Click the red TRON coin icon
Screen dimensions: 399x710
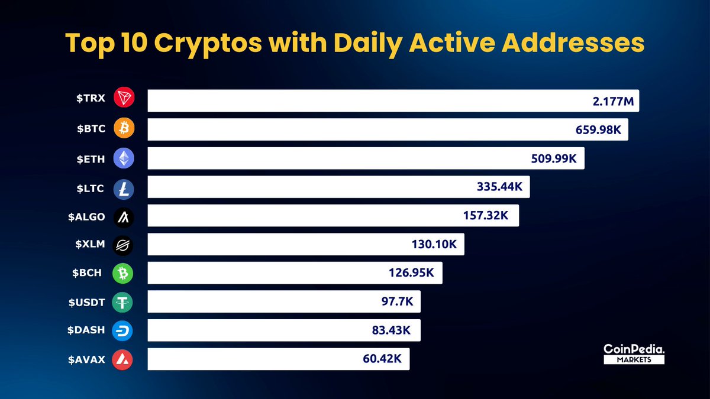point(124,98)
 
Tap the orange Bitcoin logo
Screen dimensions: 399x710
point(124,127)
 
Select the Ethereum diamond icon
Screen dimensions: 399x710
point(124,157)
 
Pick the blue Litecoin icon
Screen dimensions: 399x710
point(124,189)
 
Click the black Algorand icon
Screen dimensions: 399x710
point(124,217)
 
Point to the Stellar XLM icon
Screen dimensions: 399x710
point(124,245)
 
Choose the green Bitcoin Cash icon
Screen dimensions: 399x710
point(124,273)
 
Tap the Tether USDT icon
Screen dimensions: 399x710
point(124,303)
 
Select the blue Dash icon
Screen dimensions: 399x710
point(124,331)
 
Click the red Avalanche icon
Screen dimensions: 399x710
point(124,359)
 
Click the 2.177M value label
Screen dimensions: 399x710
point(613,102)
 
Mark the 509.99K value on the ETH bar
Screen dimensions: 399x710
point(556,158)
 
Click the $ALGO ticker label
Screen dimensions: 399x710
point(86,217)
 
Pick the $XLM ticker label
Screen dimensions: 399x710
point(90,245)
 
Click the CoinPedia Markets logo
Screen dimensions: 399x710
point(634,354)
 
